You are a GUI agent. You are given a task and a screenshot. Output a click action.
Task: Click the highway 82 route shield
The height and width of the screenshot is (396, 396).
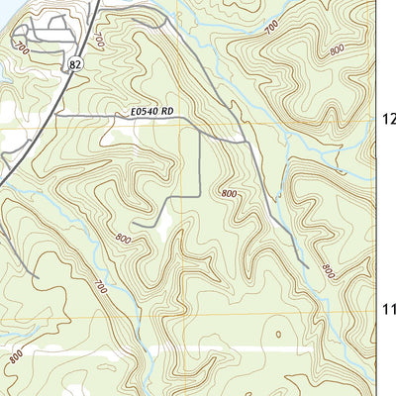[x=75, y=63]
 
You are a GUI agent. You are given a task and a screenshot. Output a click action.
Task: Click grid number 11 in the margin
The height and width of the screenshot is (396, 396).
[x=388, y=310]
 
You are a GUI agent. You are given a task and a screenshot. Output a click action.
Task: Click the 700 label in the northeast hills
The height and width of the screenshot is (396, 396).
[x=271, y=28]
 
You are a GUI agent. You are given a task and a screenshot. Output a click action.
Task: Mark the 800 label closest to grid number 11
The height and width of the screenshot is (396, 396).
[x=328, y=269]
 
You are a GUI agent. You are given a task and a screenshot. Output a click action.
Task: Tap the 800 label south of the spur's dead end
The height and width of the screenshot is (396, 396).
[x=123, y=239]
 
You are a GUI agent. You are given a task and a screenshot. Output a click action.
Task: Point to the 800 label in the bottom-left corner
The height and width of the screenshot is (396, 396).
[x=14, y=358]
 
